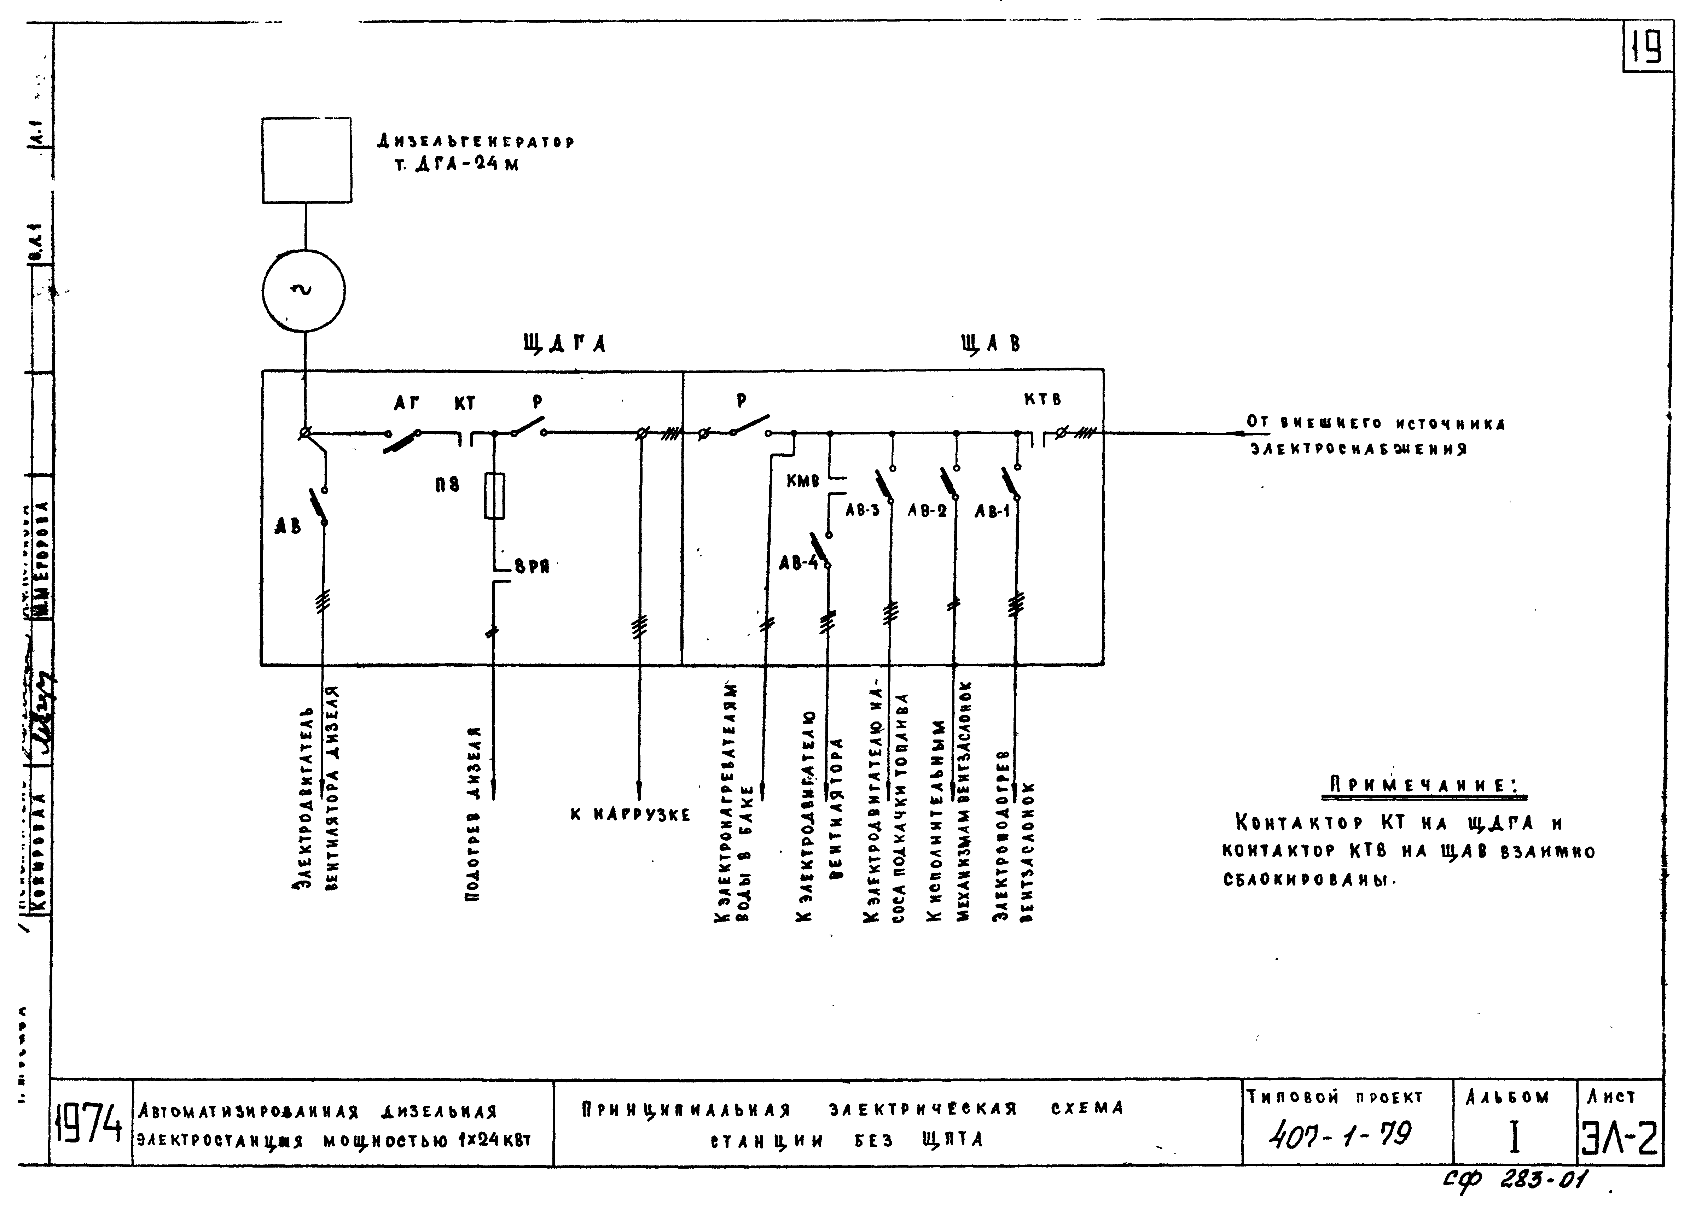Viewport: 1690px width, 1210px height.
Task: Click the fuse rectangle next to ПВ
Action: (494, 496)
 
